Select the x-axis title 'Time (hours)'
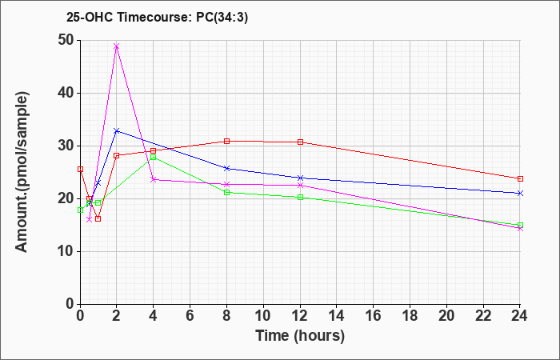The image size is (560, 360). [x=300, y=335]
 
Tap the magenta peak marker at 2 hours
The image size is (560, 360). [x=117, y=46]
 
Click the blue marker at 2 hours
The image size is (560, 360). [x=117, y=130]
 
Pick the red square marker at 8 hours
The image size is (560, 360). [x=227, y=141]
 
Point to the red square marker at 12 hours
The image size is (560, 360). [x=301, y=142]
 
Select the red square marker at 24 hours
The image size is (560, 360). [x=521, y=178]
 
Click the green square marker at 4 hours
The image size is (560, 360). [x=154, y=157]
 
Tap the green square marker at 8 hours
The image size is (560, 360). [x=227, y=193]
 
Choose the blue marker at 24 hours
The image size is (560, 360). [x=521, y=193]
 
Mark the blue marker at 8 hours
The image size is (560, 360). [x=227, y=168]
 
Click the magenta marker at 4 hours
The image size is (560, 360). [x=154, y=179]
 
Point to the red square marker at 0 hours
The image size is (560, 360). [x=80, y=170]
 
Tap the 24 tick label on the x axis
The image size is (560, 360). [x=521, y=316]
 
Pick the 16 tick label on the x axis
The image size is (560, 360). [x=374, y=316]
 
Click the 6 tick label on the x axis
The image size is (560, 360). [x=190, y=316]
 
